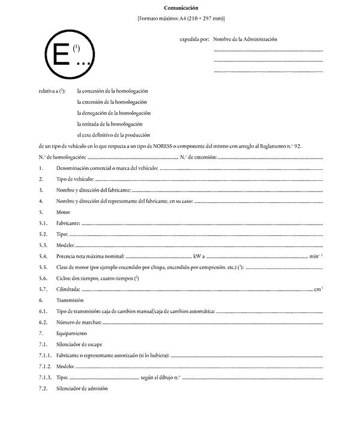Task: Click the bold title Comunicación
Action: click(x=181, y=8)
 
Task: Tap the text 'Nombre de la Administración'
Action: click(x=245, y=39)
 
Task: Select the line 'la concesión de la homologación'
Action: click(x=112, y=91)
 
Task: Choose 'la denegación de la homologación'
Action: click(x=113, y=113)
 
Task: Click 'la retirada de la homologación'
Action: click(x=112, y=124)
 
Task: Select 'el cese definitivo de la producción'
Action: click(x=113, y=135)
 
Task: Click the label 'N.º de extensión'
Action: click(x=198, y=157)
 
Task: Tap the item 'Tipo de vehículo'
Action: click(x=75, y=179)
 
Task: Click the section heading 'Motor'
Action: click(x=63, y=212)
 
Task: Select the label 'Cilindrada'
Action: click(x=69, y=289)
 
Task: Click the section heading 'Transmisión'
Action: click(x=70, y=300)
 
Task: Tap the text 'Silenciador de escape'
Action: click(x=81, y=344)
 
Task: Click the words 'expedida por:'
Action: click(x=194, y=39)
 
